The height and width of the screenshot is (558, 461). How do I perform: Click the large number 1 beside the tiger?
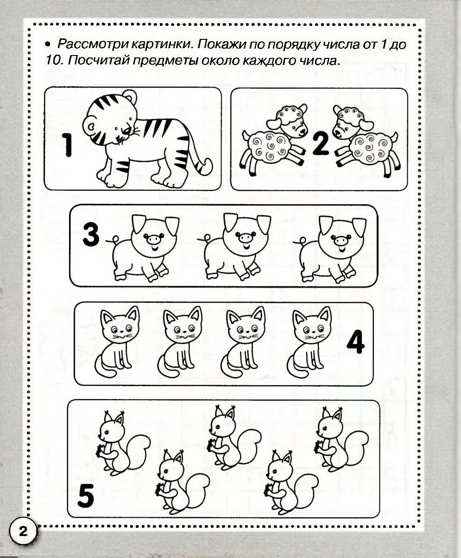pos(67,145)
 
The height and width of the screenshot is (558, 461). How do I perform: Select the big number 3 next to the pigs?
pos(91,235)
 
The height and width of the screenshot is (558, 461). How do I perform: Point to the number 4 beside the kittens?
pos(355,342)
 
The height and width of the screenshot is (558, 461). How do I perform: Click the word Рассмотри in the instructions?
pos(93,44)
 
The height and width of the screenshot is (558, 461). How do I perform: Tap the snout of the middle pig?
pos(245,237)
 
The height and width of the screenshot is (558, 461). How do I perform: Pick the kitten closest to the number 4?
pos(309,342)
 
